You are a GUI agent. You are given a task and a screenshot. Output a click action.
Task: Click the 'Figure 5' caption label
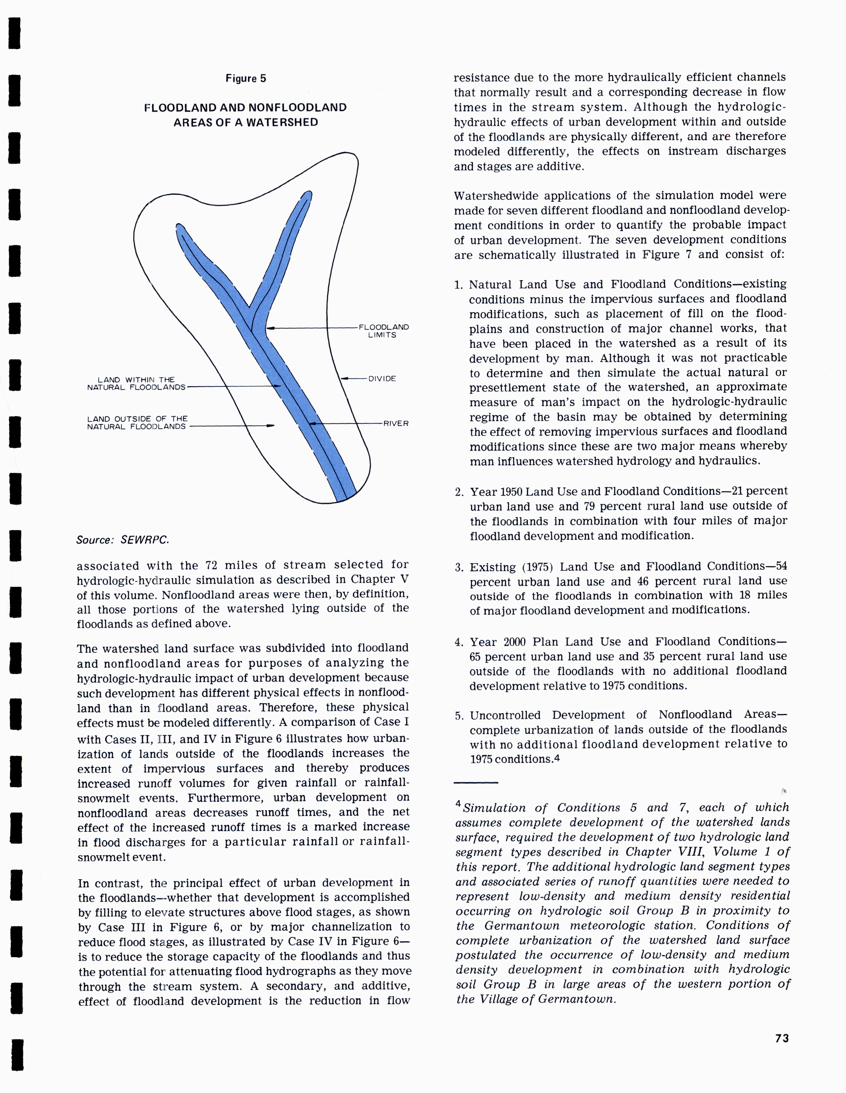[246, 79]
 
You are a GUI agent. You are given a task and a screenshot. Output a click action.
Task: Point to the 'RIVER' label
[396, 423]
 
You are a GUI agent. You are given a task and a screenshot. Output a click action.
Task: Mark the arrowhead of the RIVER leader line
[311, 423]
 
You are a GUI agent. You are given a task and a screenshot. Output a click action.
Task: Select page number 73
[782, 1038]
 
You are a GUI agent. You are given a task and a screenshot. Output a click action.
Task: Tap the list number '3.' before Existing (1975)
[459, 567]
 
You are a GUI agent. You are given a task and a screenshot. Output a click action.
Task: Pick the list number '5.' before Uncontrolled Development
[459, 716]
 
